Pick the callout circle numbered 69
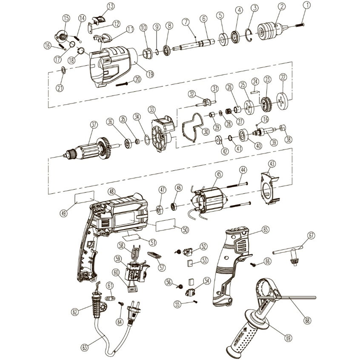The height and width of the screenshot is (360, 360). tap(289, 338)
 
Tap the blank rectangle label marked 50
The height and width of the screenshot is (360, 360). tap(166, 226)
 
